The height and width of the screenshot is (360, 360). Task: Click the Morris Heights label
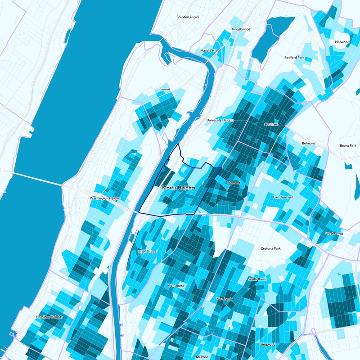click(x=179, y=189)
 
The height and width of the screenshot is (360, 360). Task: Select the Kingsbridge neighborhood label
click(x=241, y=29)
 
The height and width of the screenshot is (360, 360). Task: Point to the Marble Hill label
click(x=209, y=51)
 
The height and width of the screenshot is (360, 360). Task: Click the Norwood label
click(x=342, y=42)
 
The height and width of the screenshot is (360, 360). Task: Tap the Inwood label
click(x=164, y=90)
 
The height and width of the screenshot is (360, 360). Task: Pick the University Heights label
click(x=220, y=121)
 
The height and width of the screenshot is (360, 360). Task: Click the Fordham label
click(x=271, y=124)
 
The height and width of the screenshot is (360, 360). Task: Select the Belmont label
click(x=309, y=144)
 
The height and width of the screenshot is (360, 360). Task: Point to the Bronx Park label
click(x=348, y=146)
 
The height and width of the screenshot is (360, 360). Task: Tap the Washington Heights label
click(x=106, y=198)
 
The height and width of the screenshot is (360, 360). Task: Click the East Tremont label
click(x=283, y=198)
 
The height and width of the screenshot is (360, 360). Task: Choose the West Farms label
click(x=334, y=234)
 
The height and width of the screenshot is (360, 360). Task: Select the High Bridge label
click(x=147, y=252)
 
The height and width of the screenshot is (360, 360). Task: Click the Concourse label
click(x=176, y=286)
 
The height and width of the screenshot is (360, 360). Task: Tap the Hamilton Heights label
click(x=49, y=317)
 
